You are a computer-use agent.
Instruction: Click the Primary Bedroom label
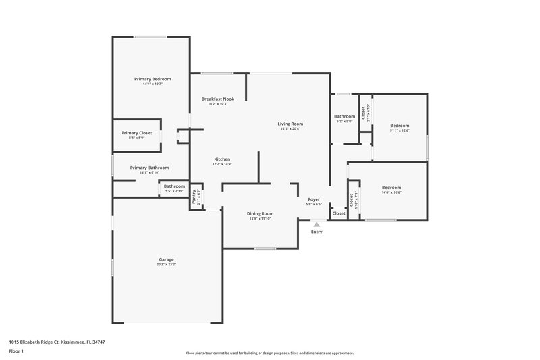pyautogui.click(x=152, y=79)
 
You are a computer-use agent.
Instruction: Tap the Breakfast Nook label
pyautogui.click(x=217, y=99)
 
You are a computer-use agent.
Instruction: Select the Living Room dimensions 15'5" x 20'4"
pyautogui.click(x=291, y=129)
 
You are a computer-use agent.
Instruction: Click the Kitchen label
pyautogui.click(x=222, y=159)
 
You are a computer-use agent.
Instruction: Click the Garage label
pyautogui.click(x=166, y=259)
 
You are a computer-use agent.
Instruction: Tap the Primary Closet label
pyautogui.click(x=136, y=133)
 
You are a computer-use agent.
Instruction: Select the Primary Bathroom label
pyautogui.click(x=149, y=168)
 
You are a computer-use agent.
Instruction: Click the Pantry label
pyautogui.click(x=194, y=197)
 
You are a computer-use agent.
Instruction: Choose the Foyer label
pyautogui.click(x=314, y=199)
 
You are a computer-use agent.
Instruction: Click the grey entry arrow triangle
pyautogui.click(x=316, y=224)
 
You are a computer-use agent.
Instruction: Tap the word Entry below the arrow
pyautogui.click(x=317, y=232)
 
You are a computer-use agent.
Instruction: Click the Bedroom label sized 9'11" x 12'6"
pyautogui.click(x=400, y=126)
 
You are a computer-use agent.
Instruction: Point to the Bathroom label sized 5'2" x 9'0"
pyautogui.click(x=344, y=116)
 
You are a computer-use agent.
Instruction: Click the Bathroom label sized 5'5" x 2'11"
pyautogui.click(x=174, y=186)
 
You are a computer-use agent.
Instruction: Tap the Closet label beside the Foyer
pyautogui.click(x=339, y=213)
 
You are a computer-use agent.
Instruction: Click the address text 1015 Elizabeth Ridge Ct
pyautogui.click(x=57, y=342)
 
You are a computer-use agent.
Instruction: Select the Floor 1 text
pyautogui.click(x=16, y=351)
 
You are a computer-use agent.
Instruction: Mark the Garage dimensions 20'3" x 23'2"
pyautogui.click(x=166, y=265)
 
